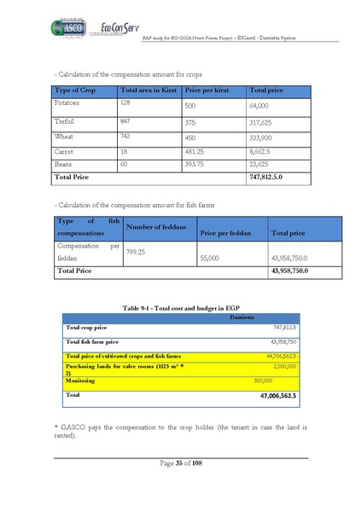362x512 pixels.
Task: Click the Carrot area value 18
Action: (x=125, y=150)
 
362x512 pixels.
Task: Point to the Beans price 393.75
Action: (x=196, y=164)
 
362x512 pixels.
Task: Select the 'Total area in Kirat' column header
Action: (x=149, y=90)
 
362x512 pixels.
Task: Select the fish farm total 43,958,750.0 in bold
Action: (x=288, y=271)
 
